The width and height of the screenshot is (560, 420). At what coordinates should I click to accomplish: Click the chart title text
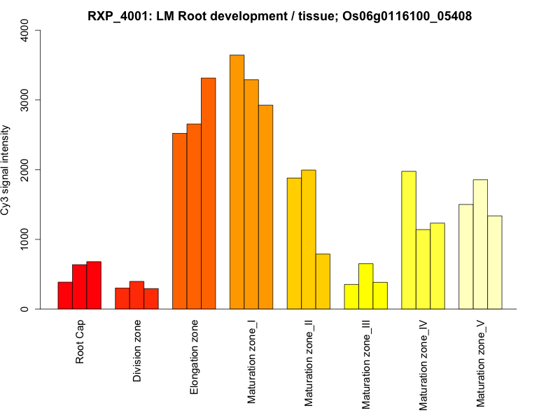coord(280,16)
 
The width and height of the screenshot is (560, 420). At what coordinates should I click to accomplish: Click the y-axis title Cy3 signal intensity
coord(6,170)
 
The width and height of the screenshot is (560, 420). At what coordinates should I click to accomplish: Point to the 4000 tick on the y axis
coord(25,30)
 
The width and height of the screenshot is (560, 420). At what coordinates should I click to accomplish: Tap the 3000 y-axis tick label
coord(25,100)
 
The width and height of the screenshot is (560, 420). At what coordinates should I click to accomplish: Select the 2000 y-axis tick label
coord(25,169)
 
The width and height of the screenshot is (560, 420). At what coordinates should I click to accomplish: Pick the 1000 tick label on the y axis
coord(25,239)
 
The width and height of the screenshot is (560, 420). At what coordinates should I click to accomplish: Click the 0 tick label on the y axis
coord(25,309)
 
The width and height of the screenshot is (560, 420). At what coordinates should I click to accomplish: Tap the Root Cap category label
coord(80,343)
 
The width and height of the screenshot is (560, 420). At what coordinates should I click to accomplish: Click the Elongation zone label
coord(195,357)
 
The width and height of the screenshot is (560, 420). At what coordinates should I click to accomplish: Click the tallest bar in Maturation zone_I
coord(237,182)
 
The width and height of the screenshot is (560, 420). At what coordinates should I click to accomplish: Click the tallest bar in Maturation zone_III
coord(366,286)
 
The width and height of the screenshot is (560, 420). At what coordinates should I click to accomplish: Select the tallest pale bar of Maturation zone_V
coord(480,244)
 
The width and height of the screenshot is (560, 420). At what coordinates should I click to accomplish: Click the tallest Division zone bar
coord(136,295)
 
